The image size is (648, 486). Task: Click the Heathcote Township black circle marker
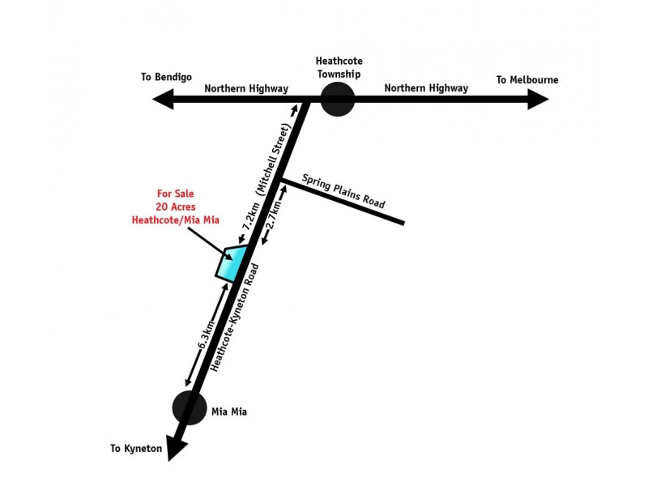338,100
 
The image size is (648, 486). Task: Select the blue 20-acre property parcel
231,262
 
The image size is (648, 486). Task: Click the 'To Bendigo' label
166,78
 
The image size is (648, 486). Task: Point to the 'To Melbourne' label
527,79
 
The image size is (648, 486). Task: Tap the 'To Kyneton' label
137,448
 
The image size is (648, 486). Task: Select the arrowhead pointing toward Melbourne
539,100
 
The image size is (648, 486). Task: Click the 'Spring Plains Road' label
344,191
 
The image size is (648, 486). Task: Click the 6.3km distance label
207,335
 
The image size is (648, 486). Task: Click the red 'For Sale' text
176,194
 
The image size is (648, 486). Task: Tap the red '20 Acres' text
176,207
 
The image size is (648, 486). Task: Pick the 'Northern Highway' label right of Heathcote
426,87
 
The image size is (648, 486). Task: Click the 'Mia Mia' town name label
228,412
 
